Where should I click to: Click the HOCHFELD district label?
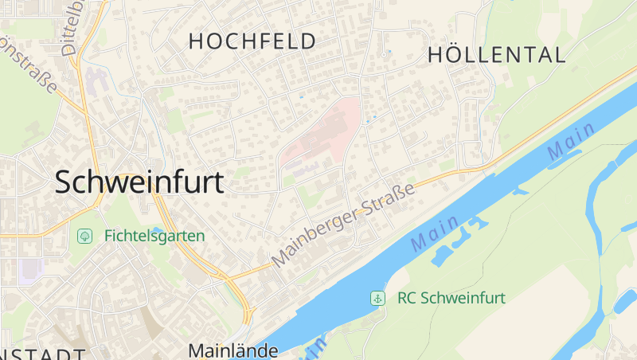pos(252,41)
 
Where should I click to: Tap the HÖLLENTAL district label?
pos(497,55)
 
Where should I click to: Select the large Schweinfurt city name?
pos(139,182)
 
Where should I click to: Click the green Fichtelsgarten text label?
pos(154,236)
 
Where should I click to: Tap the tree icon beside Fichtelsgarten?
pos(84,236)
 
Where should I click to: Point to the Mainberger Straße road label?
pos(344,225)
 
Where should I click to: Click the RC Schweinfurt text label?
pos(451,299)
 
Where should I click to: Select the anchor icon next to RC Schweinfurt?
pos(377,299)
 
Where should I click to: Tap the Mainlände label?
pos(233,350)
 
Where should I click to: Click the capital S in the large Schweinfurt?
pos(65,182)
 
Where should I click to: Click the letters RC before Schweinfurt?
pos(407,299)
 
